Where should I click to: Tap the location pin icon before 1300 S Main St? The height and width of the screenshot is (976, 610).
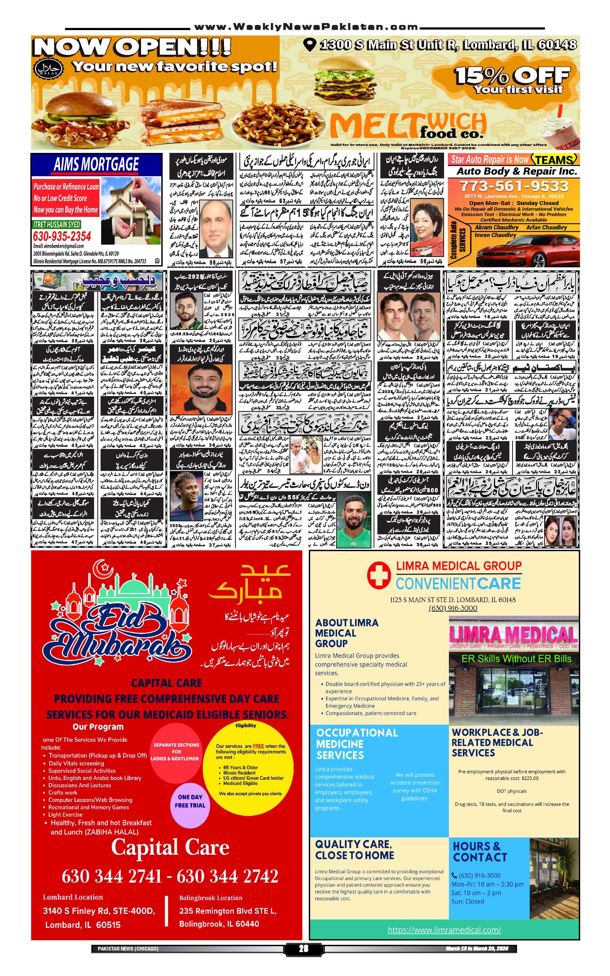(309, 44)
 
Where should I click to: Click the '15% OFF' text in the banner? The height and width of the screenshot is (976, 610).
(512, 75)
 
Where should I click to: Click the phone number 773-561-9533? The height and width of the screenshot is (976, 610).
(513, 186)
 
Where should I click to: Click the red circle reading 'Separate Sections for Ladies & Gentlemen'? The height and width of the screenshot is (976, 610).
(176, 751)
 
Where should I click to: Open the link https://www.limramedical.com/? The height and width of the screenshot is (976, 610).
(444, 930)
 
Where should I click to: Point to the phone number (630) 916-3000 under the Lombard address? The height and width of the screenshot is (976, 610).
(453, 608)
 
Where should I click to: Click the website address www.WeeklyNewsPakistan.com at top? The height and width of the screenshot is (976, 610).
(306, 27)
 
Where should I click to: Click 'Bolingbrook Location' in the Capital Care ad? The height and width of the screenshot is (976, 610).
(211, 898)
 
